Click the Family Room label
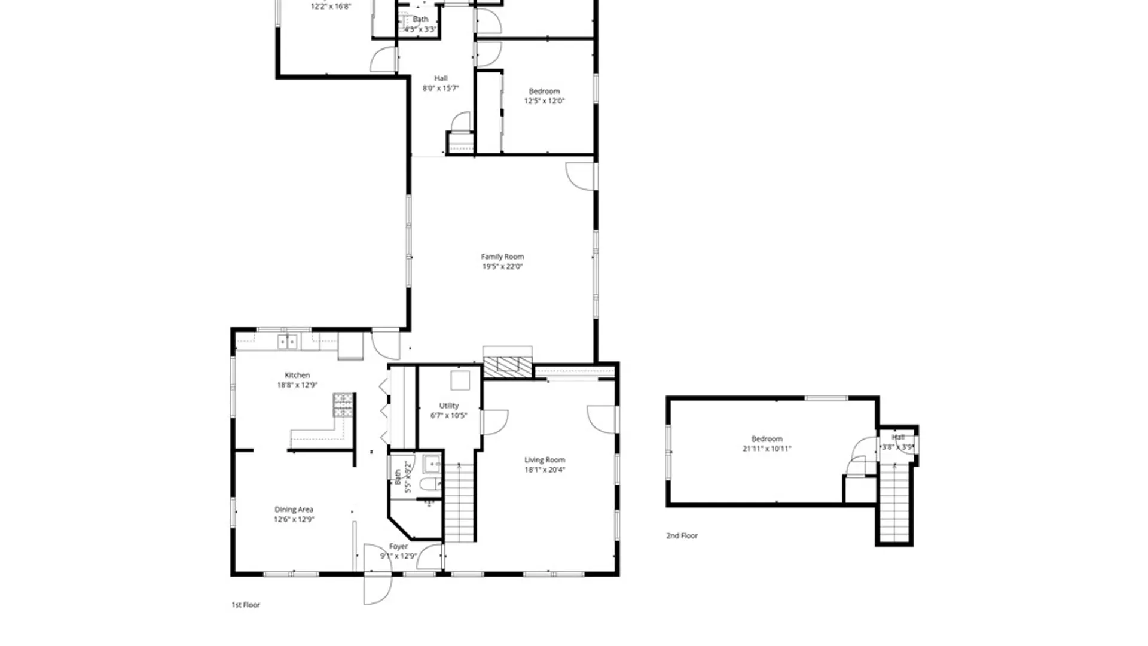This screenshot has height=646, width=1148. pos(502,257)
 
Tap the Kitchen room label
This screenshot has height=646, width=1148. pos(297,375)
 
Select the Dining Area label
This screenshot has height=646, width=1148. pos(294,510)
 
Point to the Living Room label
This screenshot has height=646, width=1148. pos(544,460)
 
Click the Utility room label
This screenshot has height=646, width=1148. pos(449,406)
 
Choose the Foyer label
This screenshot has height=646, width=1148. pos(399,546)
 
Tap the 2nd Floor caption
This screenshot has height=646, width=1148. pos(682,536)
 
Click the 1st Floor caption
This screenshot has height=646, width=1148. pos(246,605)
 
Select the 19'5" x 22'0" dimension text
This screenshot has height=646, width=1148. pos(502,267)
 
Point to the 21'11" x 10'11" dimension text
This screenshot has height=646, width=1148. pos(767,449)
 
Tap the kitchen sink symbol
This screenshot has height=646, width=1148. pos(288,342)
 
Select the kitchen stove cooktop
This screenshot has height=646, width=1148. pos(343,405)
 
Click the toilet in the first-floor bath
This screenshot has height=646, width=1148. pos(430,483)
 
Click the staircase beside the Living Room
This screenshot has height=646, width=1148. pos(459,502)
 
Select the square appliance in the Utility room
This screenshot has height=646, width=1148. pos(460,380)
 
